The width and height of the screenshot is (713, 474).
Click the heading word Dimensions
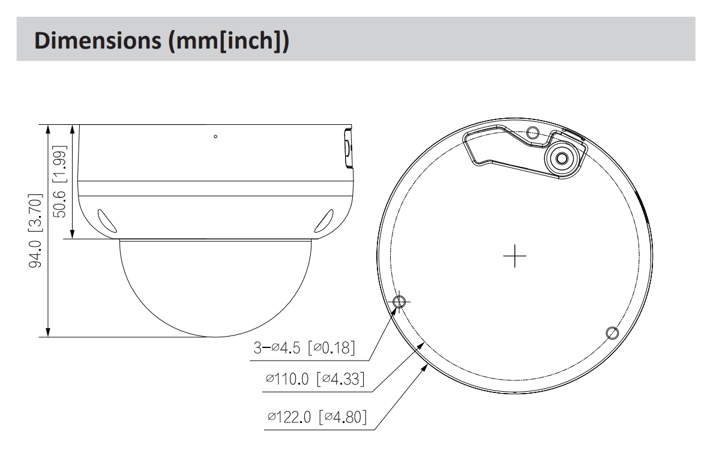[97, 40]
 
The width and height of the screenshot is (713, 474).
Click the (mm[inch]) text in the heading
[229, 41]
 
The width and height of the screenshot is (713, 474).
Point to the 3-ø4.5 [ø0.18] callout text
[304, 347]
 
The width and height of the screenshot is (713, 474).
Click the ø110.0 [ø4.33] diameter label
[315, 378]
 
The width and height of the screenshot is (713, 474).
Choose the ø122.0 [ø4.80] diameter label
[317, 416]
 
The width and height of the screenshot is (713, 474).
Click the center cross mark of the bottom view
[515, 256]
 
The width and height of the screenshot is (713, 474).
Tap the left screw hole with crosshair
[399, 301]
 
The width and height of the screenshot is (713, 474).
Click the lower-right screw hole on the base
[613, 333]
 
